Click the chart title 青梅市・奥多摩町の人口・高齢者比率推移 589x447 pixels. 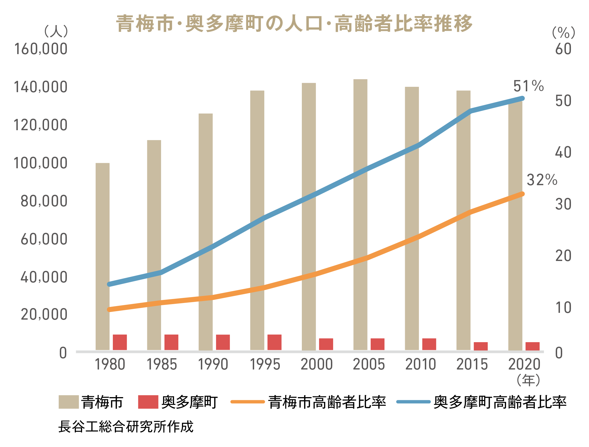pos(294,24)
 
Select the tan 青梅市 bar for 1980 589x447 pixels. pos(103,256)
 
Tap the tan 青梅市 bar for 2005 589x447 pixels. pos(360,214)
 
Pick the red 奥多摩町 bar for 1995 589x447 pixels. pos(274,342)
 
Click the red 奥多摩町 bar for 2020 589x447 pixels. pos(532,346)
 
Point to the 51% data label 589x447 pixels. pos(528,86)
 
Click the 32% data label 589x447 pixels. pos(542,180)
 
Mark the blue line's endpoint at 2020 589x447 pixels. pos(522,98)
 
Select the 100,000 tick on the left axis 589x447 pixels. pos(41,163)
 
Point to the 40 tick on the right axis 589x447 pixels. pos(563,152)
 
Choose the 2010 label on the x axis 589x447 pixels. pos(421,364)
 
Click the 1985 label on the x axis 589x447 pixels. pos(162,364)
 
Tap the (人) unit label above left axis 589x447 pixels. pos(56,31)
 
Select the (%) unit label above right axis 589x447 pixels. pos(563,33)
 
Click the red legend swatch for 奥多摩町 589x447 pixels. pos(148,402)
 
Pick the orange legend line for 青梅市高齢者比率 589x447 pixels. pos(247,402)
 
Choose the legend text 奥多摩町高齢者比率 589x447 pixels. pos(500,402)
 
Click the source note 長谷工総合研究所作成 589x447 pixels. pos(126,426)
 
